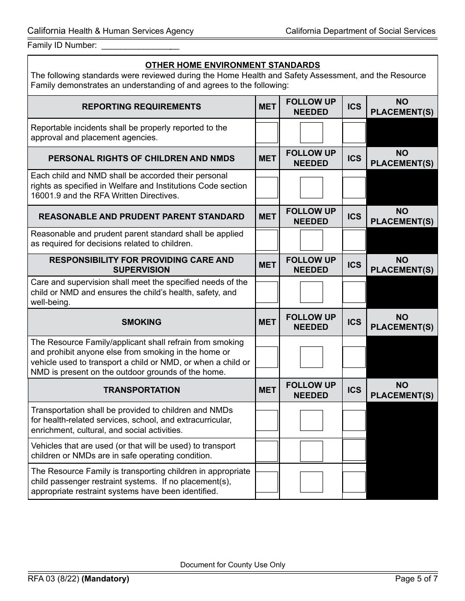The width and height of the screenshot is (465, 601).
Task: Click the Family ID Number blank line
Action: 140,46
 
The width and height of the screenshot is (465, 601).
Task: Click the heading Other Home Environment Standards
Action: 232,65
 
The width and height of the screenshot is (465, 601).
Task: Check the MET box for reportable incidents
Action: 267,132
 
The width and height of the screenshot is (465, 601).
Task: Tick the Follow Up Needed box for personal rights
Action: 311,188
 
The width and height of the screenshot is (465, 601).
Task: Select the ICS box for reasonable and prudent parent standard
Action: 354,240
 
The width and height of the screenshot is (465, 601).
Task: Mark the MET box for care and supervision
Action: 267,292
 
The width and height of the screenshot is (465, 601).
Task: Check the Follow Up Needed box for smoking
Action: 311,357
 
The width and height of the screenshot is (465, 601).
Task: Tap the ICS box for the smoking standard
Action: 354,357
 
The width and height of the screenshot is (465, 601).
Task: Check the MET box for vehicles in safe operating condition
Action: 267,451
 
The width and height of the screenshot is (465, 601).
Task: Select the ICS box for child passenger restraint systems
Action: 354,482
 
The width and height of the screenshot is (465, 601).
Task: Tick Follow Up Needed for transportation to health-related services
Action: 311,420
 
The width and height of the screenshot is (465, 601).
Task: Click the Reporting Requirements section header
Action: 141,107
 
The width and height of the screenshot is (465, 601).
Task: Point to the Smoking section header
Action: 141,322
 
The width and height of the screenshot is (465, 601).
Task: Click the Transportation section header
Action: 141,390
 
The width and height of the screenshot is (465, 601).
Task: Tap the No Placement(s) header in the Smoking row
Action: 402,322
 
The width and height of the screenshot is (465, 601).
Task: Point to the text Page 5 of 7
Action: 416,579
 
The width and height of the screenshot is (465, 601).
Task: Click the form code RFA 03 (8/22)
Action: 53,579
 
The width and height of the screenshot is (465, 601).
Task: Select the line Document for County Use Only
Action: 232,565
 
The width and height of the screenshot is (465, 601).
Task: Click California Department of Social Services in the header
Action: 360,31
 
